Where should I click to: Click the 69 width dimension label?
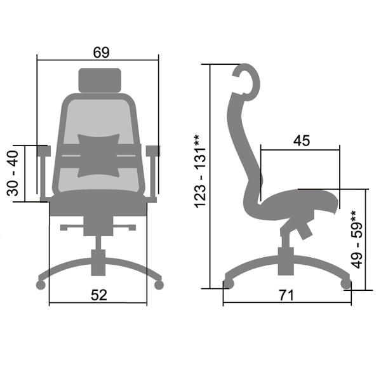(x=102, y=52)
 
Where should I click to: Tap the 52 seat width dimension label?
(x=99, y=295)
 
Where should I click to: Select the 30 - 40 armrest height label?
(x=13, y=173)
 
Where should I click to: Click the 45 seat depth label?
(x=302, y=140)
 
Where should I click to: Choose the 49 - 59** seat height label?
(x=357, y=239)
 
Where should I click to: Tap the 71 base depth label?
(x=286, y=295)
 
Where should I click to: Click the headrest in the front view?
(x=100, y=80)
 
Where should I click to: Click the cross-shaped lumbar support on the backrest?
(x=98, y=156)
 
